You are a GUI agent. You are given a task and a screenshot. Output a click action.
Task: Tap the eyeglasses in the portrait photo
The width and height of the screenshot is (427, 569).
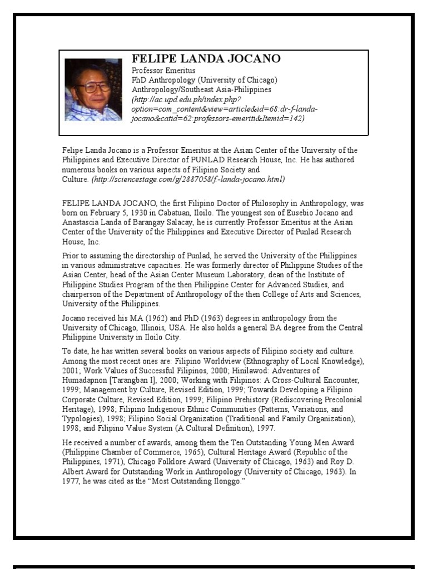[93, 87]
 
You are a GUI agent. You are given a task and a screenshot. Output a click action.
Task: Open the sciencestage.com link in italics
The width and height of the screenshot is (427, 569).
[188, 179]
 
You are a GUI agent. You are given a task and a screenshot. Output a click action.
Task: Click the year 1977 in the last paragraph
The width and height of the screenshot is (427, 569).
[71, 481]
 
